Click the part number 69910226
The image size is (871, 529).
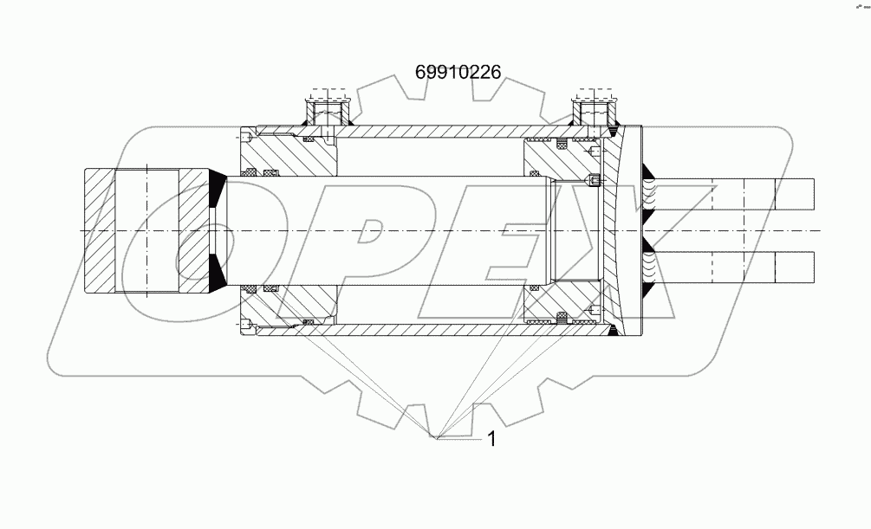458,73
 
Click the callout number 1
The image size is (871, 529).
491,439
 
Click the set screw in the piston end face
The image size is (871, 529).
593,181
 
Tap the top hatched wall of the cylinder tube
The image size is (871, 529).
433,132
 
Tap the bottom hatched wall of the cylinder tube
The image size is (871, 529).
433,330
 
